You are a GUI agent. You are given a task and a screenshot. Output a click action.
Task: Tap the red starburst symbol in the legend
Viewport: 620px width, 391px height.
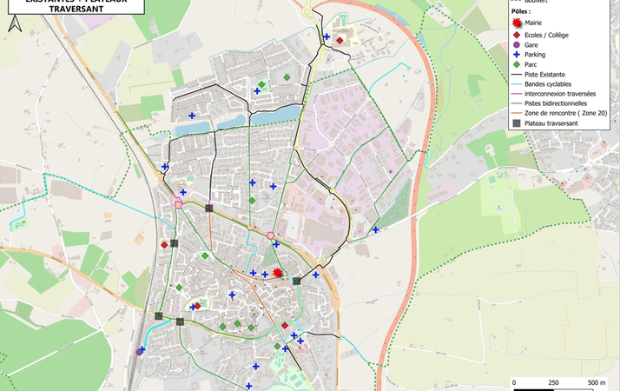coord(517,23)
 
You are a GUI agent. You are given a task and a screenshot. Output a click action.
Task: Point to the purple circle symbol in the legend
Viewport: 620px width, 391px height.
coord(517,44)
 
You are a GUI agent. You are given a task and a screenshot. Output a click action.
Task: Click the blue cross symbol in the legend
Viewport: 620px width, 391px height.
coord(517,54)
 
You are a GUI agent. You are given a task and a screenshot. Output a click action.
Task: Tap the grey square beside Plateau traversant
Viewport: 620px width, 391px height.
coord(517,123)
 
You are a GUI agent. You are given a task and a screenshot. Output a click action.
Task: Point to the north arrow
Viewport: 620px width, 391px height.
coord(13,23)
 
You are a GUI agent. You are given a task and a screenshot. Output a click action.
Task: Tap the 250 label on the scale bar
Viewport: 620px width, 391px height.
coord(554,382)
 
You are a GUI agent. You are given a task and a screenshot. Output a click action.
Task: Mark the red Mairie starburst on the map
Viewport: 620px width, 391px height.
coord(277,273)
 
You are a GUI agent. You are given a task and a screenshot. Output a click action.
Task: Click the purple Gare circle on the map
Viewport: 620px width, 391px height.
coord(140,352)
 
